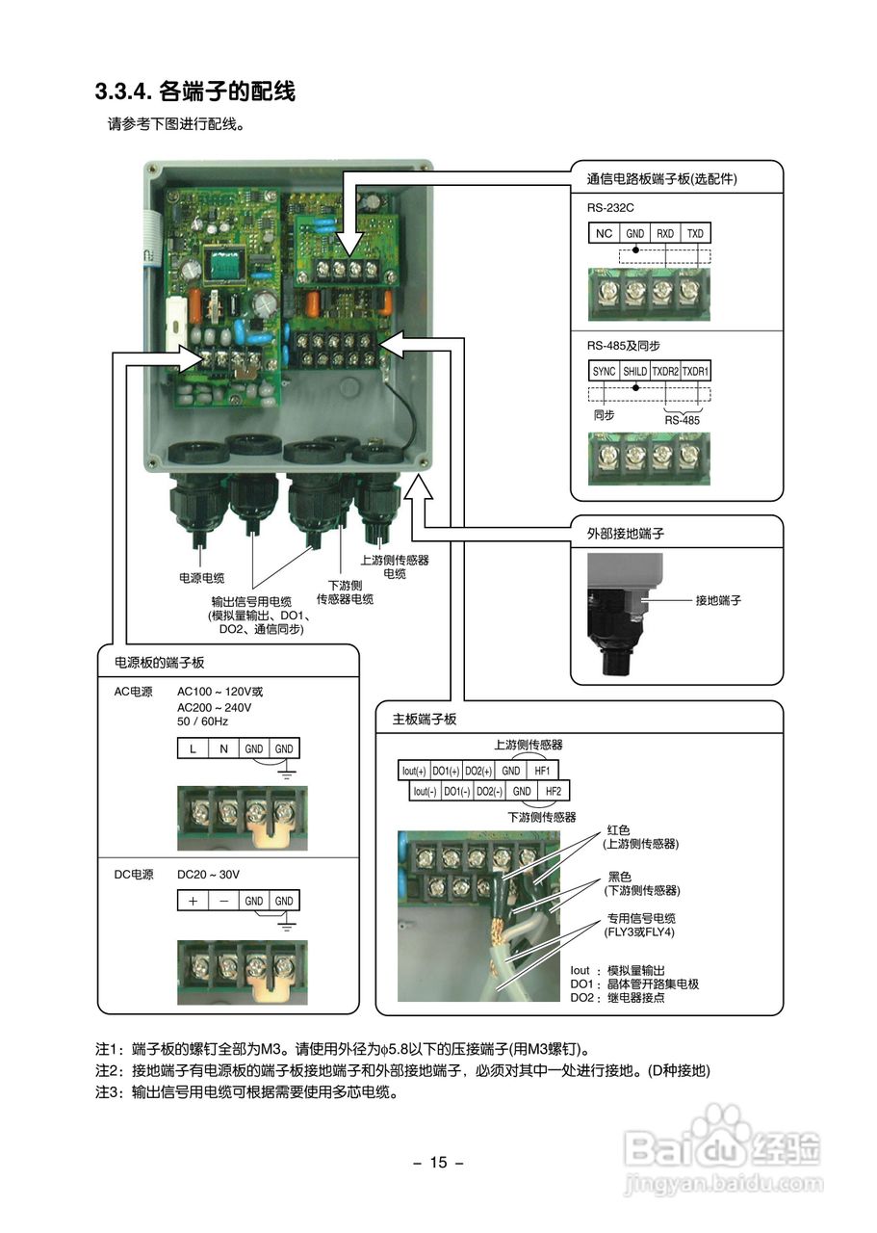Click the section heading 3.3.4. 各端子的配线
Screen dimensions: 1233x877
tap(194, 92)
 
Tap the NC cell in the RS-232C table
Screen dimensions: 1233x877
tap(604, 234)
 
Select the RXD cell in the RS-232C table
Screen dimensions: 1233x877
tap(665, 234)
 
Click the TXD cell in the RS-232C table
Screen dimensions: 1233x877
tap(695, 234)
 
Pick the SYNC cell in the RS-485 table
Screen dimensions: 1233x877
tap(605, 371)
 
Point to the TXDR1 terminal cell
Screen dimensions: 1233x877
tap(695, 371)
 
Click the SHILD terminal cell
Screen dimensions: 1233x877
tap(634, 371)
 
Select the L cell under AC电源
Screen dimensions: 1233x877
tap(193, 748)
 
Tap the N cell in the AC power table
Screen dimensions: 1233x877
tap(223, 748)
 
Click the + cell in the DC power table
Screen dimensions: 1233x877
tap(193, 901)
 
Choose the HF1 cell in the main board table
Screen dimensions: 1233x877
tap(542, 771)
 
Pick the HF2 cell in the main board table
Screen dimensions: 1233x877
tap(553, 791)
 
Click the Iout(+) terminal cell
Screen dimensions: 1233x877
tap(415, 771)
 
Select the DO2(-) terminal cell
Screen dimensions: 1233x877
tap(489, 791)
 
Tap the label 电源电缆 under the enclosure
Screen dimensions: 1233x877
tap(201, 578)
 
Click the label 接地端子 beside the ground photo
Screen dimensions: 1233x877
tap(718, 600)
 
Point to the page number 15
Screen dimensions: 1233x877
tap(438, 1163)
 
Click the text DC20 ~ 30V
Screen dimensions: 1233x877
tap(208, 875)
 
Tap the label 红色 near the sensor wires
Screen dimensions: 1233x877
tap(618, 829)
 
